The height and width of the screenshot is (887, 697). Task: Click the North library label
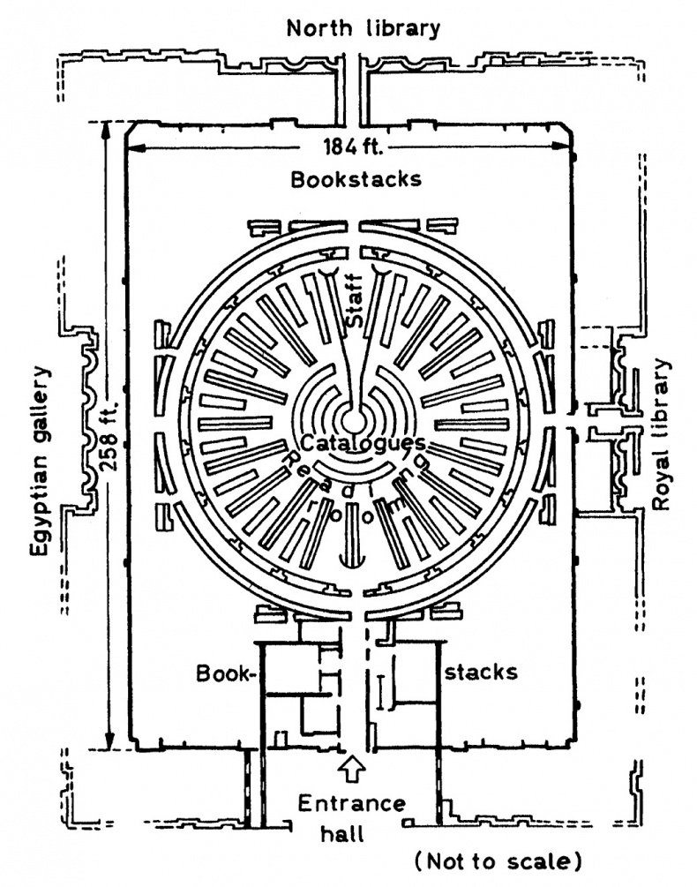click(x=363, y=28)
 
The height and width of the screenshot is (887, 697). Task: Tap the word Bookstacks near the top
click(x=356, y=179)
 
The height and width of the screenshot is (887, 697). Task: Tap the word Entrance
click(x=351, y=804)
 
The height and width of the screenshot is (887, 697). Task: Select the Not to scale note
click(x=499, y=860)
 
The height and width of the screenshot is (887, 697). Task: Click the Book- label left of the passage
click(x=225, y=673)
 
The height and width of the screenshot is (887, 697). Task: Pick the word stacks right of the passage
click(x=481, y=672)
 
